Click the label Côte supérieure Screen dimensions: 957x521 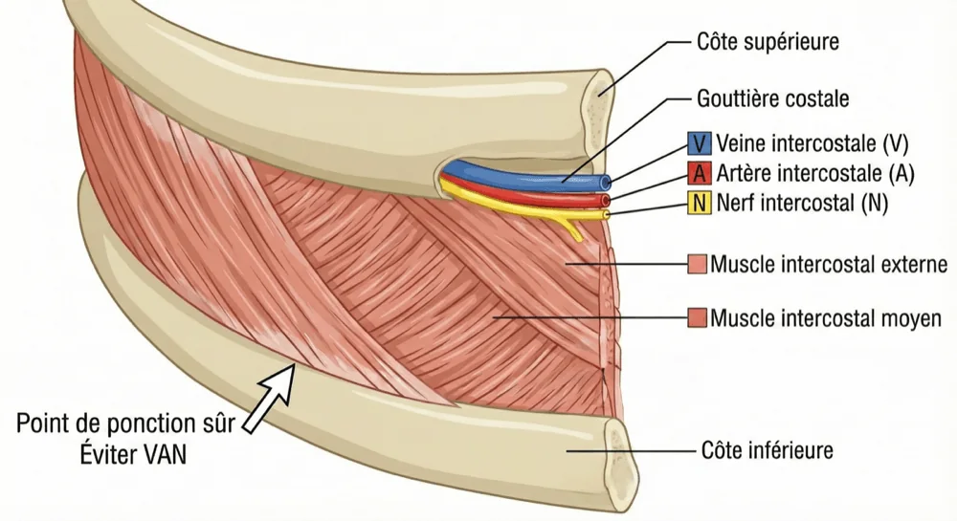pos(768,42)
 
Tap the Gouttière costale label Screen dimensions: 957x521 pos(772,98)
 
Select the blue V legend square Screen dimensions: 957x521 pos(700,143)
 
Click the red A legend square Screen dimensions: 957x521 pos(700,174)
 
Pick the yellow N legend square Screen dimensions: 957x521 pos(700,203)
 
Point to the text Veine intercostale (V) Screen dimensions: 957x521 pos(812,143)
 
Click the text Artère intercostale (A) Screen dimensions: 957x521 pos(814,174)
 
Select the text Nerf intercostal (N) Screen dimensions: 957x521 pos(802,203)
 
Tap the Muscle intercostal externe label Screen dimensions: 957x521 pos(829,265)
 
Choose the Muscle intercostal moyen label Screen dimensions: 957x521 pos(826,318)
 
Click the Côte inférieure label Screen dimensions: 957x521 pos(768,451)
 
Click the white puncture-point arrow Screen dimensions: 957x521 pos(270,398)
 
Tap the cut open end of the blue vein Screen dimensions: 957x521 pos(606,182)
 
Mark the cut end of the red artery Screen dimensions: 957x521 pos(606,201)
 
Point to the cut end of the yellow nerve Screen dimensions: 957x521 pos(606,215)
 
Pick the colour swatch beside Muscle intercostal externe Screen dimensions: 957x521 pos(697,265)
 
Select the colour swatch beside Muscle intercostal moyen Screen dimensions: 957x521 pos(697,318)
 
